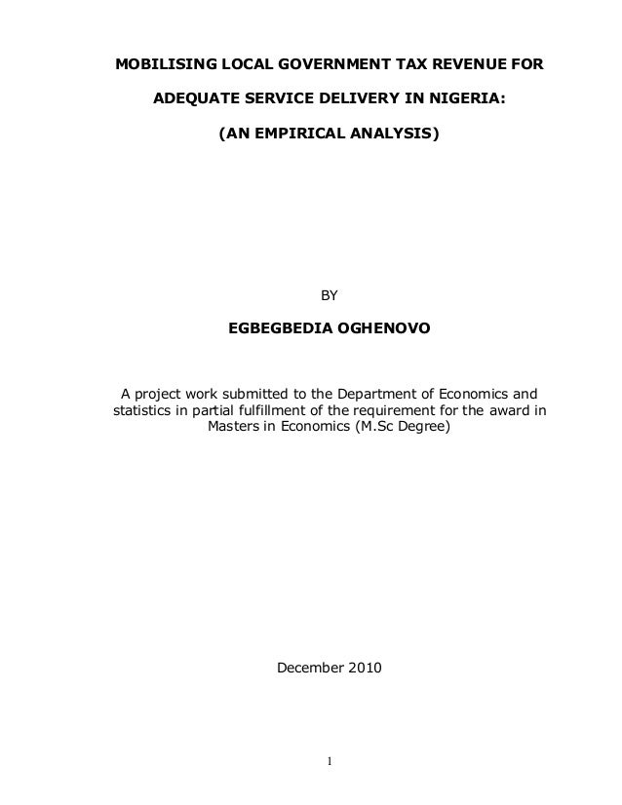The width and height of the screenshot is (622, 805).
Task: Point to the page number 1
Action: (x=330, y=760)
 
